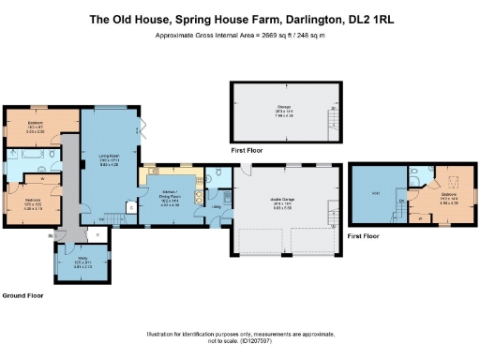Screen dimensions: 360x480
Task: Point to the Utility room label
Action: pyautogui.click(x=215, y=205)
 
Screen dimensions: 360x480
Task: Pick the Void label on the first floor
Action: pyautogui.click(x=376, y=194)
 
